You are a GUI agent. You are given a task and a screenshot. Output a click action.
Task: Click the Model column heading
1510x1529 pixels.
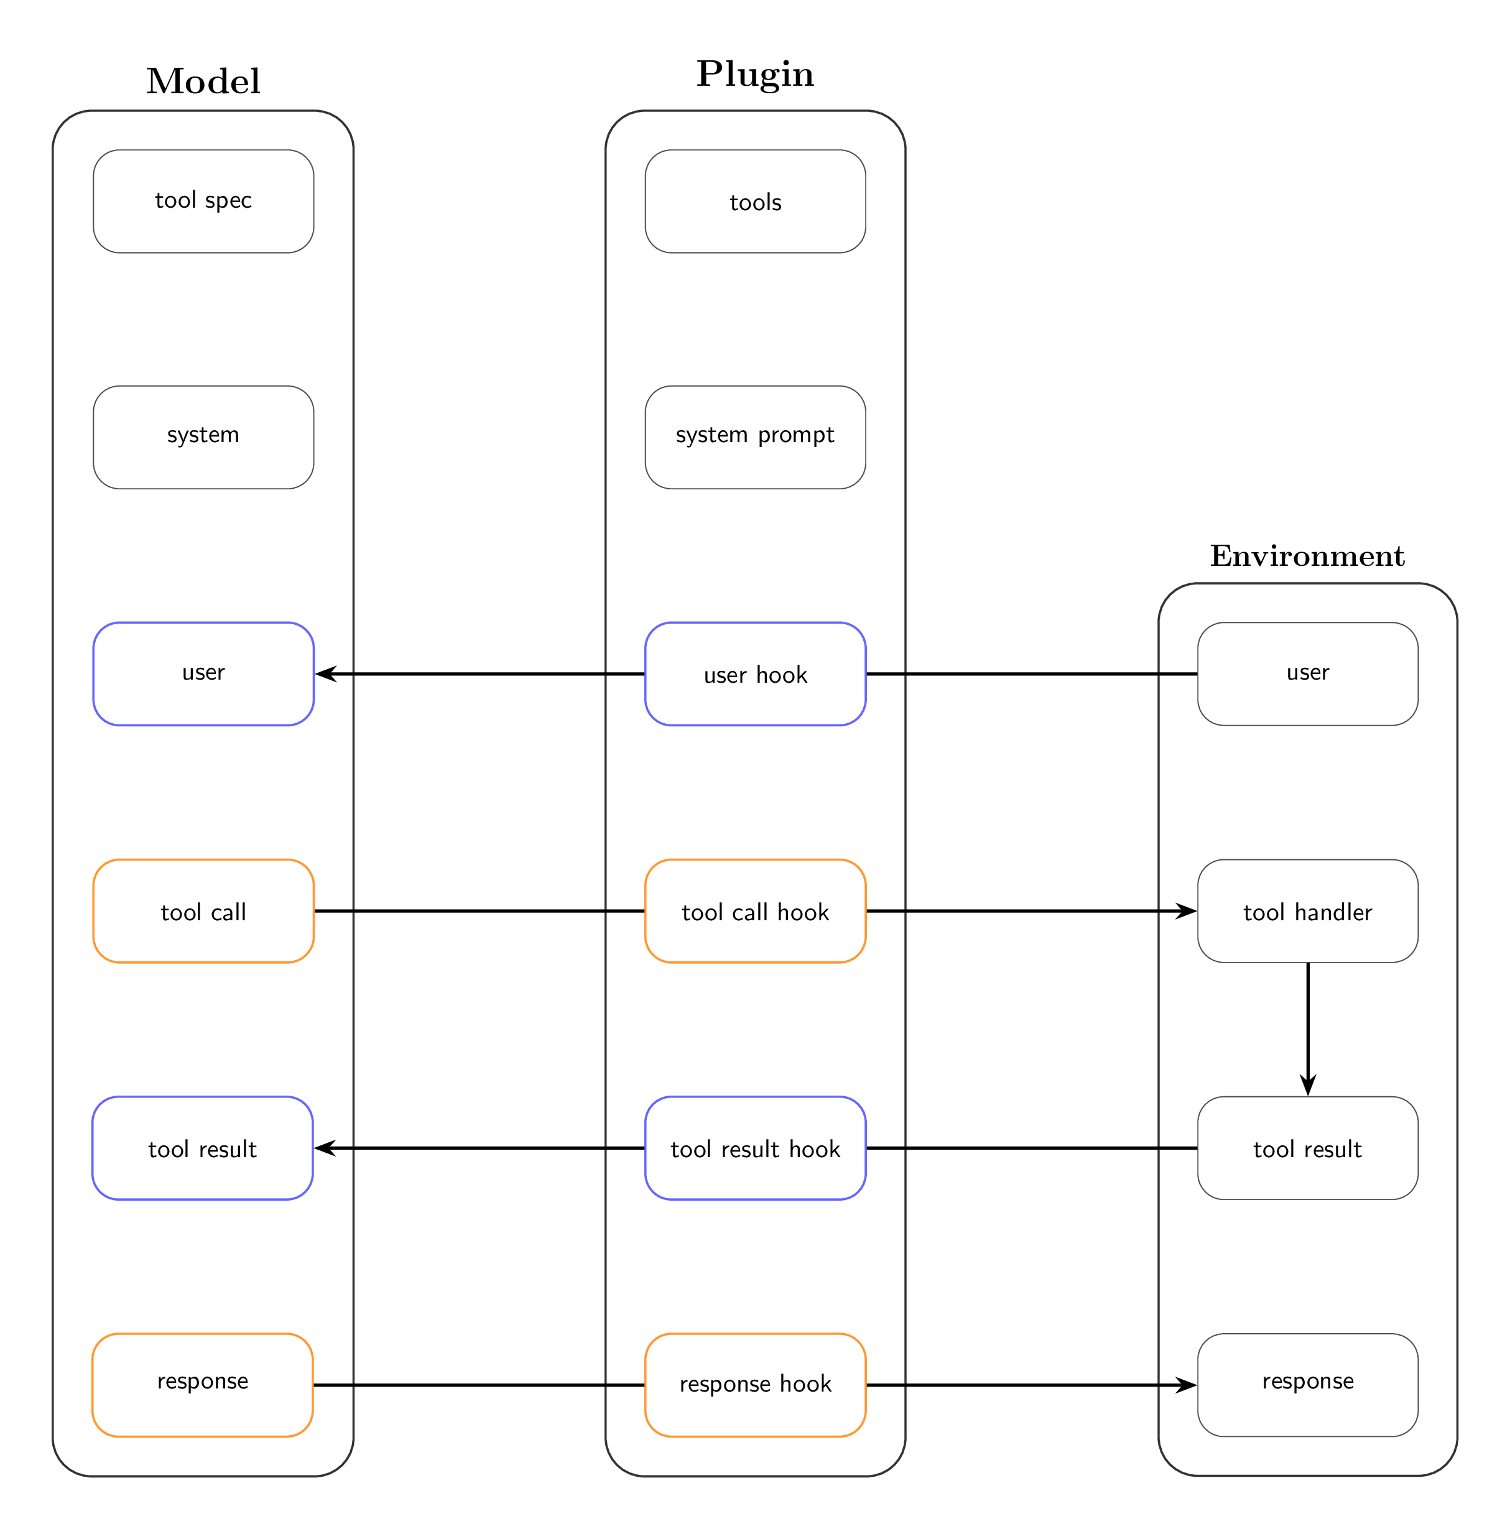coord(203,81)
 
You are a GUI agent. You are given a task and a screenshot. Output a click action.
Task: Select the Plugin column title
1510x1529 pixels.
coord(755,75)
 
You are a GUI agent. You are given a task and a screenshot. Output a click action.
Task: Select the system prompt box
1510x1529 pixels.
coord(755,438)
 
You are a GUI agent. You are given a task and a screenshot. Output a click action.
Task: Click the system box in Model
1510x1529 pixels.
coord(203,438)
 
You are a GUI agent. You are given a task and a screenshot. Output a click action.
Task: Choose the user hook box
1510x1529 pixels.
coord(755,674)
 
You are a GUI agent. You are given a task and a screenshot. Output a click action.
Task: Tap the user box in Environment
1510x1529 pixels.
coord(1307,674)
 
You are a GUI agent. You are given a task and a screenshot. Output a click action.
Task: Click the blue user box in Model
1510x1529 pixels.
coord(203,674)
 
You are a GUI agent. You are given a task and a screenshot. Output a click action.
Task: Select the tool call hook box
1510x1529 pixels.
coord(755,911)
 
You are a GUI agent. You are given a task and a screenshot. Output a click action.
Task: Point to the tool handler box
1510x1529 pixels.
coord(1307,911)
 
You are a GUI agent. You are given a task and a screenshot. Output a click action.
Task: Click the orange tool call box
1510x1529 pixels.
coord(203,911)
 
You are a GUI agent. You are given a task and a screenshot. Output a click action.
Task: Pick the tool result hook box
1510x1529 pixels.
coord(755,1148)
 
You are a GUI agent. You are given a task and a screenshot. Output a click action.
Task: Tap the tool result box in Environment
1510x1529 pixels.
coord(1307,1148)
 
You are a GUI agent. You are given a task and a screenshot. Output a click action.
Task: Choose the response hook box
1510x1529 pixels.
coord(755,1385)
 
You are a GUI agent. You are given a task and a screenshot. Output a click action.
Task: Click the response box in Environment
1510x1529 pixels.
coord(1307,1385)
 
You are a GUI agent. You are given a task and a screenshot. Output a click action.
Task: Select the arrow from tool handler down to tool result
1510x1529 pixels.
coord(1307,1030)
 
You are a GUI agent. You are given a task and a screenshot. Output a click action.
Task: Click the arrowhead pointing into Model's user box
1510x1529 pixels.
coord(325,674)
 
